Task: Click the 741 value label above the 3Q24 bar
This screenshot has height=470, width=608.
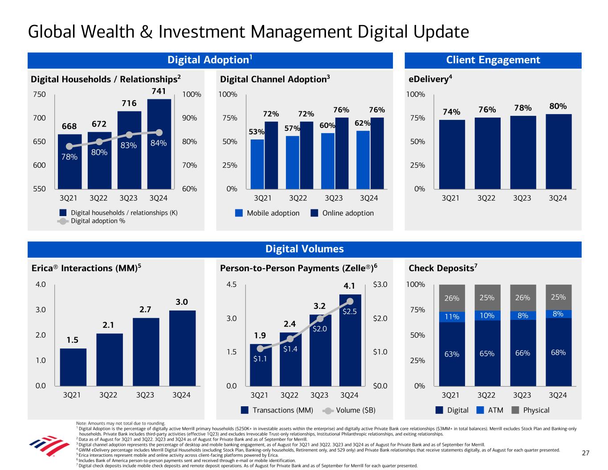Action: [x=159, y=91]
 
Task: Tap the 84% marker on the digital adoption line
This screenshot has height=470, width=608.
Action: [x=159, y=132]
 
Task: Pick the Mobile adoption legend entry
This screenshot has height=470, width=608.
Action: [x=267, y=213]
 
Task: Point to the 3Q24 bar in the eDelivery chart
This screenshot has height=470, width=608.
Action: [x=559, y=151]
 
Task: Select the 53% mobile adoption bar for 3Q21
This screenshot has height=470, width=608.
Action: [x=257, y=164]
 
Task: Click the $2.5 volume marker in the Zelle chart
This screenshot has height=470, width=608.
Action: [x=350, y=302]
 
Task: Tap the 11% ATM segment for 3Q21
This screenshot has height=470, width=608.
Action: [x=452, y=316]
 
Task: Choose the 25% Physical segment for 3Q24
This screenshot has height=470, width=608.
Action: [x=559, y=297]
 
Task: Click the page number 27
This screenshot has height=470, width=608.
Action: [x=586, y=454]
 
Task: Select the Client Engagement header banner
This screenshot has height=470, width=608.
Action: [x=493, y=60]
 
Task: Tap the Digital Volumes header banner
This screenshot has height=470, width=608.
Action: [x=304, y=249]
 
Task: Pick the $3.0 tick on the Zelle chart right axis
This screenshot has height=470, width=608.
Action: [x=379, y=284]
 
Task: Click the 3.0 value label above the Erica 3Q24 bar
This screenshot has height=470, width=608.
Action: [x=182, y=302]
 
